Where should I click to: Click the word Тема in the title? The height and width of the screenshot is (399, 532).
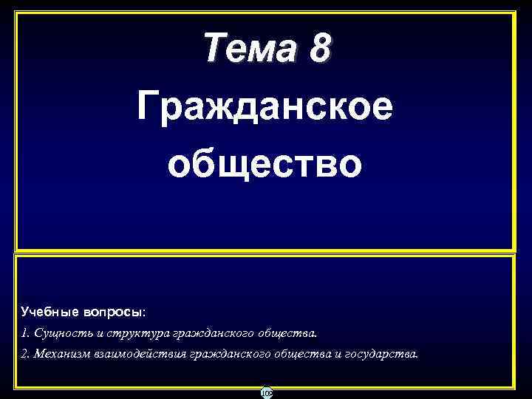coord(249,50)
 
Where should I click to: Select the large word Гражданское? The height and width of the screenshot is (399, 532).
coord(265,109)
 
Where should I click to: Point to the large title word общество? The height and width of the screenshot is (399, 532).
coord(265,163)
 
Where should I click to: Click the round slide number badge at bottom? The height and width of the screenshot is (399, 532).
coord(266,393)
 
